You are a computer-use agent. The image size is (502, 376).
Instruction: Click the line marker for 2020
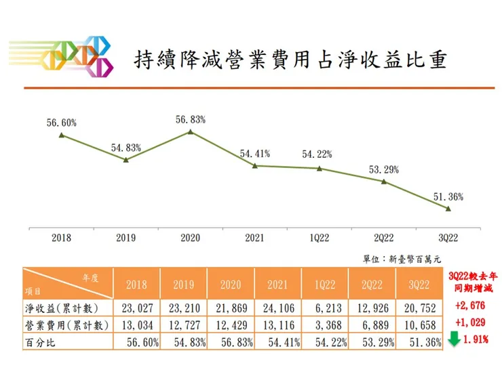(190, 131)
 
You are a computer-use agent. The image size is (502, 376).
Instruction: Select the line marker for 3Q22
(448, 209)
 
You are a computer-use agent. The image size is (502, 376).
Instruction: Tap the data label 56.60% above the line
(61, 123)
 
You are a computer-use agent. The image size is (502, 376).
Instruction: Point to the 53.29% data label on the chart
(384, 169)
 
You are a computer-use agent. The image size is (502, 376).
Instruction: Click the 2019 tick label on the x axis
(125, 238)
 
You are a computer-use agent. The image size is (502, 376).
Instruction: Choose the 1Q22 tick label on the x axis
(319, 238)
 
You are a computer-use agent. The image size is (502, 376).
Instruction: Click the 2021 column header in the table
(279, 285)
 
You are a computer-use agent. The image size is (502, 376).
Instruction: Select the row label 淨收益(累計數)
(58, 308)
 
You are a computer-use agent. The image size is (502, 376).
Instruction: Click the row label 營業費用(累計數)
(58, 325)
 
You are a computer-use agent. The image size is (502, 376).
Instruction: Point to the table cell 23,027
(138, 308)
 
